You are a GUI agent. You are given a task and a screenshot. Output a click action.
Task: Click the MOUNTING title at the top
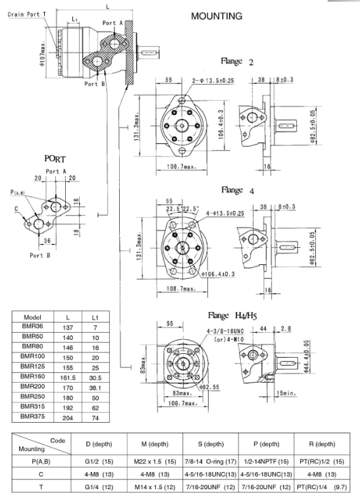point(217,16)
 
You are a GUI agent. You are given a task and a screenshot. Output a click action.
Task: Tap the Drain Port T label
point(27,14)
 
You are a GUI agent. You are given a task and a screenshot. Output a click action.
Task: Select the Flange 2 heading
point(237,61)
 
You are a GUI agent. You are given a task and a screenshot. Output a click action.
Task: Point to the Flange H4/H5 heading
point(232,316)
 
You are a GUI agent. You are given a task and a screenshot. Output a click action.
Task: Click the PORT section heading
point(55,159)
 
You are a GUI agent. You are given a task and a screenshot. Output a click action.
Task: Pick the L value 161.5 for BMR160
point(68,378)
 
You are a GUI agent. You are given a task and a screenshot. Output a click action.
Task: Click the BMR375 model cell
point(32,416)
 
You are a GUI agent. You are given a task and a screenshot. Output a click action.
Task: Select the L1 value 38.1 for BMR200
point(95,388)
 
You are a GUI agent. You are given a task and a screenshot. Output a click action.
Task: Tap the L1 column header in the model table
point(95,318)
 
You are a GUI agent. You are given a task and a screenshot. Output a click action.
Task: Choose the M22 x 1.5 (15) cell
point(155,462)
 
